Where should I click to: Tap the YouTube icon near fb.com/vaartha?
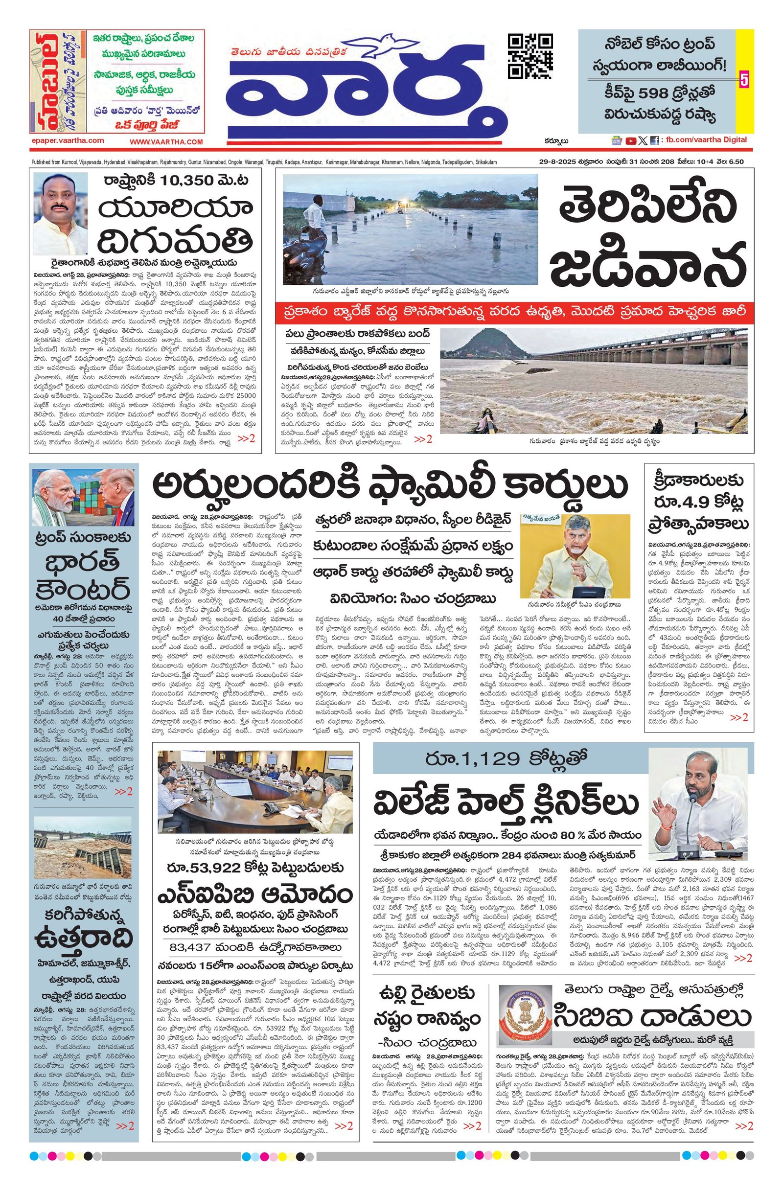coord(631,141)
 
